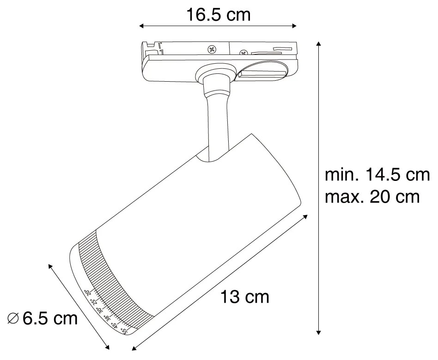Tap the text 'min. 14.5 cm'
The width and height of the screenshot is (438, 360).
tap(377, 175)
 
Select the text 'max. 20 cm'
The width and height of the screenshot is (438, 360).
tap(372, 197)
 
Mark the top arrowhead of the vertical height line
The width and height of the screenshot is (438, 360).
tap(318, 43)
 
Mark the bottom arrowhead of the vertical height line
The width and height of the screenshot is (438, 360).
tap(318, 331)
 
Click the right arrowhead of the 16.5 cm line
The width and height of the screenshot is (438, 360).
tap(296, 26)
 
